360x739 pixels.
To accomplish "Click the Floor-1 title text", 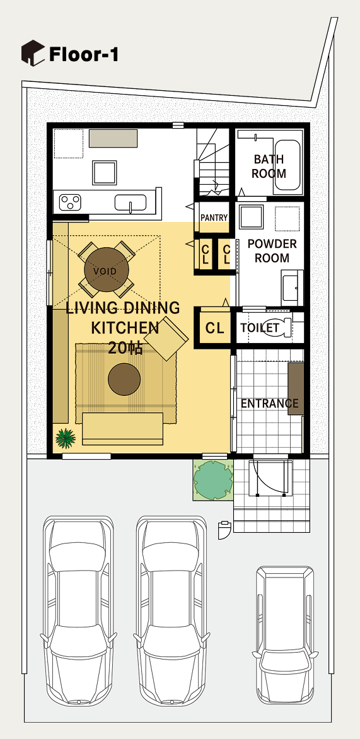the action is coord(83,55).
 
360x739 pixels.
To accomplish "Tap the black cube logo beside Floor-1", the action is coord(33,53).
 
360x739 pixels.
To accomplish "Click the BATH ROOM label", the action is coord(269,166).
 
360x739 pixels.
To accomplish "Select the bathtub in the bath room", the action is coord(287,165).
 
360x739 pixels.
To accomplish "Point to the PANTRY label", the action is coord(214,218).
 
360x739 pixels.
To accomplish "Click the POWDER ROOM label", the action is coord(272,251).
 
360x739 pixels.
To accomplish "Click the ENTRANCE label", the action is coord(270,404).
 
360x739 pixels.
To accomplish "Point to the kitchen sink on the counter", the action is coord(130,203).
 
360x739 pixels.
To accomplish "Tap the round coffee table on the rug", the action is coord(124,380).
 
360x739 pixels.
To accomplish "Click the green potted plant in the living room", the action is coord(66,438).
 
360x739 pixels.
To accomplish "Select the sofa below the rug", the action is coord(122,428).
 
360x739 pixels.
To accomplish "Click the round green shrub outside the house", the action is coord(214,480).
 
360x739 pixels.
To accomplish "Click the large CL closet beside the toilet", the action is coord(215,327).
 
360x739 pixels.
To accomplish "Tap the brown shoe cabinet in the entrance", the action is coord(296,389).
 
